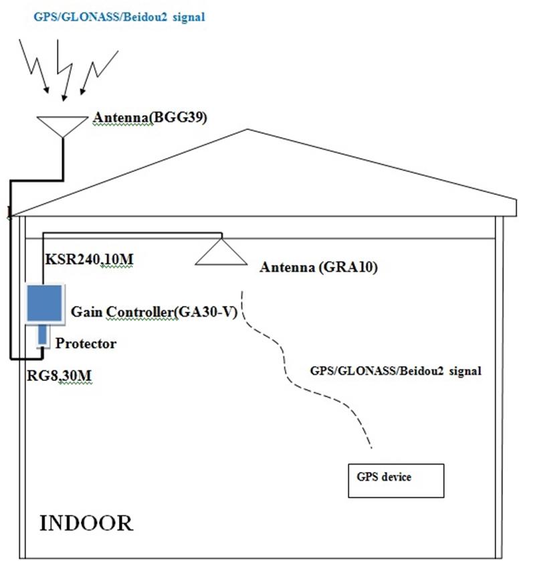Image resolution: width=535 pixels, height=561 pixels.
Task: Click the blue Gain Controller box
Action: click(x=45, y=303)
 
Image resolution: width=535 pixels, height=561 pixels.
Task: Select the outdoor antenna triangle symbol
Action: click(x=62, y=125)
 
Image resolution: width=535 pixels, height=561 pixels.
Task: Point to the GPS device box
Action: click(x=395, y=480)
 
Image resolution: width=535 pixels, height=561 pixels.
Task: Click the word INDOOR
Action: click(x=86, y=523)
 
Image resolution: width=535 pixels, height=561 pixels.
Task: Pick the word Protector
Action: click(x=86, y=344)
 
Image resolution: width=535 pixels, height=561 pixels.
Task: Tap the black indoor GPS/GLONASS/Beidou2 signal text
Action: click(x=396, y=370)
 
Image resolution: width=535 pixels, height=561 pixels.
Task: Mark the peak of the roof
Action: click(x=247, y=130)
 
